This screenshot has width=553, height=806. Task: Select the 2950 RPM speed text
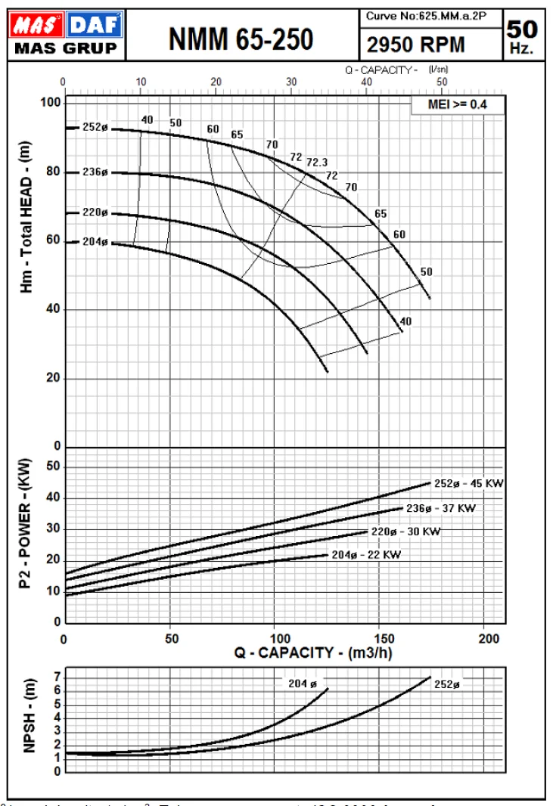(x=415, y=45)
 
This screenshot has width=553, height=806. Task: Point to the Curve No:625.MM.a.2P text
(x=427, y=16)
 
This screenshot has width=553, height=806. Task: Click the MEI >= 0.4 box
(x=457, y=104)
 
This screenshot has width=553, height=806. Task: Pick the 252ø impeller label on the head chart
(x=95, y=128)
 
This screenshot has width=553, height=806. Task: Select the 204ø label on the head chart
(x=95, y=242)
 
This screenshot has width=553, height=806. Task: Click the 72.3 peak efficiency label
(x=317, y=162)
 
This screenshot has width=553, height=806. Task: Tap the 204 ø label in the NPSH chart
(x=302, y=683)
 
